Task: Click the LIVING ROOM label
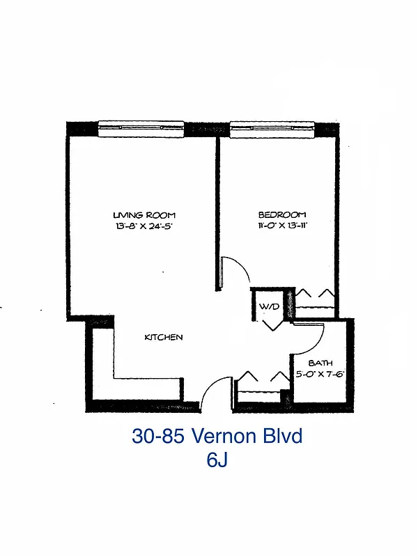click(x=144, y=215)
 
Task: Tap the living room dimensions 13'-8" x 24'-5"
click(x=144, y=226)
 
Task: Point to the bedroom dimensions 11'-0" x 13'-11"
click(x=281, y=226)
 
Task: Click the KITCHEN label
click(x=163, y=337)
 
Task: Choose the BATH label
click(x=320, y=363)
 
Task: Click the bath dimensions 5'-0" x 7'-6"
click(x=321, y=373)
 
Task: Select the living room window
click(x=144, y=126)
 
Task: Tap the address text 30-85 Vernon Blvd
click(x=217, y=437)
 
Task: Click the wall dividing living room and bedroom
click(x=217, y=209)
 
